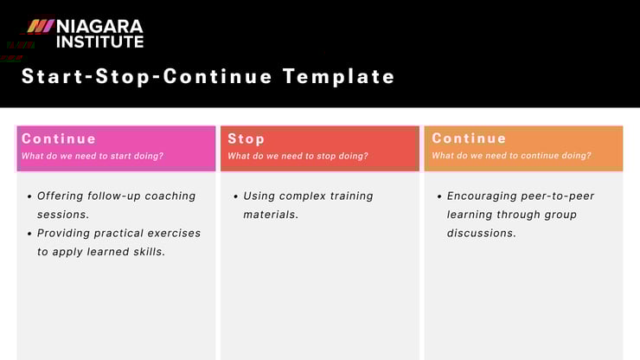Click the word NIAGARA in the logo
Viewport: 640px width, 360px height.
99,25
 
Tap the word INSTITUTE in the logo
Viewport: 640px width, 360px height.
99,41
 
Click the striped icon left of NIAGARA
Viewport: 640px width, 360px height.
40,26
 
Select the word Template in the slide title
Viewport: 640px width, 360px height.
338,76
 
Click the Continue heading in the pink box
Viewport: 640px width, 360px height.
59,138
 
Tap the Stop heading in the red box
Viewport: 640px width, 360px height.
246,138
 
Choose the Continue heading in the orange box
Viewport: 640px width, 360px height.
469,138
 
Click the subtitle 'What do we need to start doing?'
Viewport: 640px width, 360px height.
93,157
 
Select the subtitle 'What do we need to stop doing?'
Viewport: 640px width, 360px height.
298,157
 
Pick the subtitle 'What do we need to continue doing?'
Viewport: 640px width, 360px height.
511,157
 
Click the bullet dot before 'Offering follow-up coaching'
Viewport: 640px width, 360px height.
30,196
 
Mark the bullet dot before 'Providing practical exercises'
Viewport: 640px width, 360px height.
30,234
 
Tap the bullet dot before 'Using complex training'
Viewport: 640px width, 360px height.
235,196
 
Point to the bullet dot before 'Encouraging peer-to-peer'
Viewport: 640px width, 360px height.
439,196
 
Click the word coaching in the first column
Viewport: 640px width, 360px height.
170,196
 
